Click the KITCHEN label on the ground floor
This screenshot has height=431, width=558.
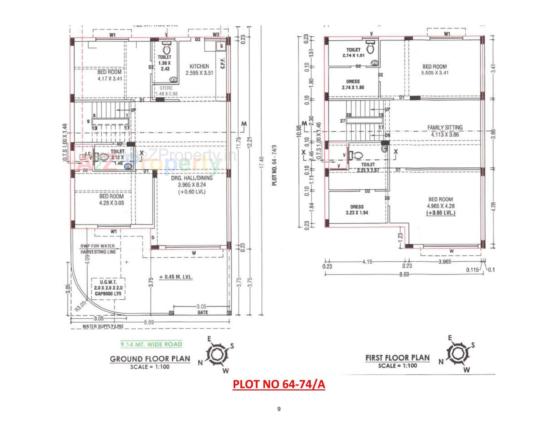click(x=199, y=67)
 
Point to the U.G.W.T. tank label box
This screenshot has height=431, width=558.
click(x=108, y=288)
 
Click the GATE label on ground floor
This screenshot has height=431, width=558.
click(x=202, y=312)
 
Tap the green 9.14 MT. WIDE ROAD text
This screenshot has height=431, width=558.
click(x=151, y=344)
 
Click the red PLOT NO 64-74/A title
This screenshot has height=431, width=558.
click(x=279, y=384)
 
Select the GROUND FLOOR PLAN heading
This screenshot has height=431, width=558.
click(x=150, y=359)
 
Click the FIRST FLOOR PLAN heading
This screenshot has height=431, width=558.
click(x=397, y=358)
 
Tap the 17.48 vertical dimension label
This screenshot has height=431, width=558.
click(x=262, y=162)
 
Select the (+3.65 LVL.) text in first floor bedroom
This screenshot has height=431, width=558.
click(x=441, y=213)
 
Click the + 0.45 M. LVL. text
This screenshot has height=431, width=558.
click(x=176, y=277)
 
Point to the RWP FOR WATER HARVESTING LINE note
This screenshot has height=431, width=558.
click(x=98, y=249)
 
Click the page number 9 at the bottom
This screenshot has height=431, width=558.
click(x=279, y=409)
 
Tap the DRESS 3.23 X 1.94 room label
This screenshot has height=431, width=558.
click(x=357, y=210)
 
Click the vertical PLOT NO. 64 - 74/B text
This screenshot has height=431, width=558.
click(x=275, y=165)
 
